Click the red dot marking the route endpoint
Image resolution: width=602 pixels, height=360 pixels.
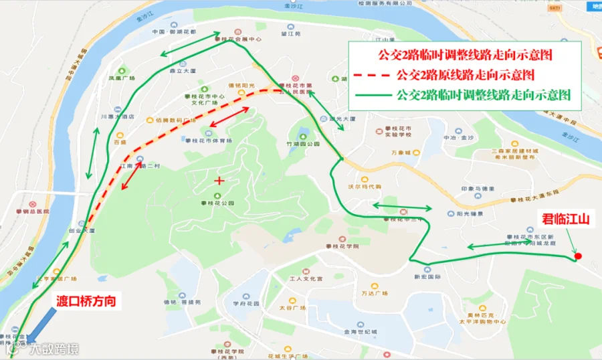coord(577,256)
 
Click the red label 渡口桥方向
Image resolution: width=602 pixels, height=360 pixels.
coord(86,302)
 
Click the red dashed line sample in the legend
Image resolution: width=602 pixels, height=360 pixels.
coord(372,73)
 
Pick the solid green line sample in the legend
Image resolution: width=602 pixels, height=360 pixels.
coord(372,95)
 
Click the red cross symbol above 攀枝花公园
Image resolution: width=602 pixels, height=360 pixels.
coord(219,181)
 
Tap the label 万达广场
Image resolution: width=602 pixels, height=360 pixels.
coord(375,293)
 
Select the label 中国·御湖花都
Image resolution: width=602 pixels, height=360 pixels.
coord(174,31)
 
